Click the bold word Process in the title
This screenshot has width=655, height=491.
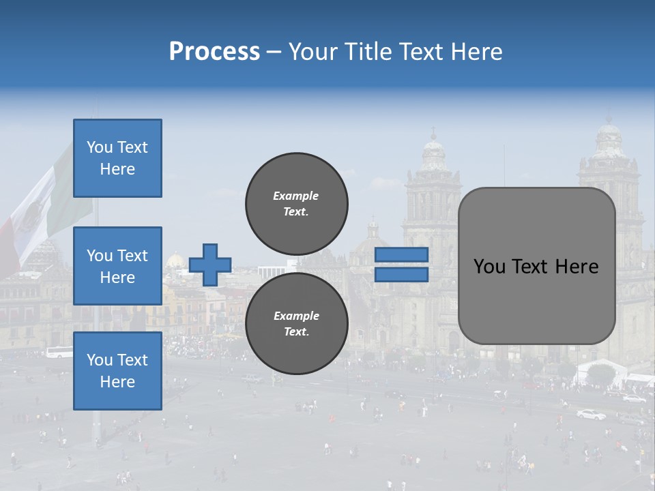(x=214, y=52)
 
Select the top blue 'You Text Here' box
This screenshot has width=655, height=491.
(x=117, y=158)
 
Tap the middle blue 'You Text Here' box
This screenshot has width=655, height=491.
(x=117, y=266)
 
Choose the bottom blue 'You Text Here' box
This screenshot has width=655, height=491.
(x=117, y=371)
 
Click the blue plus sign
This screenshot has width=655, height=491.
(x=210, y=265)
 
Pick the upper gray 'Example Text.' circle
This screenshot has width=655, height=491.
(x=297, y=204)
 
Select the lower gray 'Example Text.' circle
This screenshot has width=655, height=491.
(x=297, y=324)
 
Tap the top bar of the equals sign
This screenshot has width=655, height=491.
(x=402, y=255)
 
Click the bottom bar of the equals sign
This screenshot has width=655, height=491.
(x=402, y=275)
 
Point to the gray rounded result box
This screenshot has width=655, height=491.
(x=536, y=266)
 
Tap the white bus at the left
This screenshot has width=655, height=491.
(x=59, y=353)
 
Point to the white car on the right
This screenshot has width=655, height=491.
(x=591, y=414)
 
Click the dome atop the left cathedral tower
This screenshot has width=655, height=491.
(x=433, y=153)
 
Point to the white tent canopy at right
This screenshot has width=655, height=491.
(x=600, y=368)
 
